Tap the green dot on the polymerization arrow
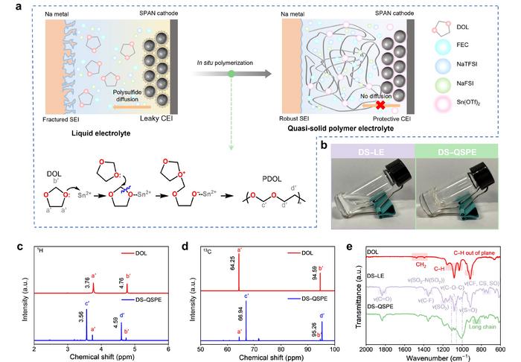pos(234,73)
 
